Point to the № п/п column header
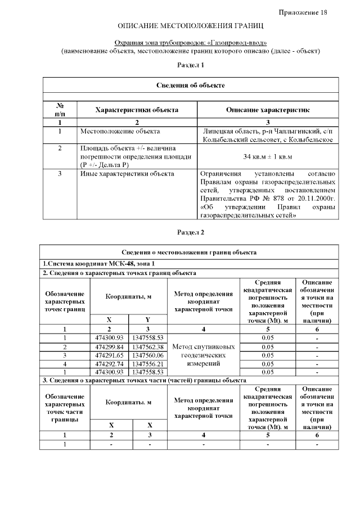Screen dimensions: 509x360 [x=60, y=110]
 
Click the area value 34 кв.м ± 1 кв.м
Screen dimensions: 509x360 [x=267, y=156]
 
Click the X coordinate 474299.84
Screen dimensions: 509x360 [x=109, y=347]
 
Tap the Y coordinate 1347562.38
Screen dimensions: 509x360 [x=147, y=347]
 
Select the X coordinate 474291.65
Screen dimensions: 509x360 [x=109, y=355]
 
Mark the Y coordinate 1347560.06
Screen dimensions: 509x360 [x=147, y=355]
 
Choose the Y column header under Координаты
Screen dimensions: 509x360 [x=147, y=319]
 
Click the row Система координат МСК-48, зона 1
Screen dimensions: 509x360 [x=98, y=264]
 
